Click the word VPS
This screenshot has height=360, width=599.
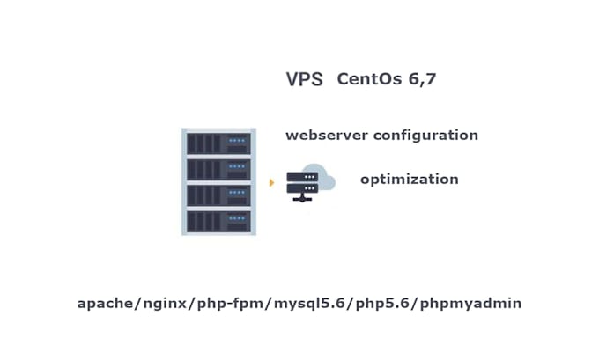(x=304, y=79)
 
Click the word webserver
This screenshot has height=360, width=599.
(x=327, y=136)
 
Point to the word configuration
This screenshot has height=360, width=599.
(x=426, y=136)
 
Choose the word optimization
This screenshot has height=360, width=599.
(x=409, y=179)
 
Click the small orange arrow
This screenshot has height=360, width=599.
(x=271, y=183)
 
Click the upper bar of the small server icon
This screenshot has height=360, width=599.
(x=303, y=177)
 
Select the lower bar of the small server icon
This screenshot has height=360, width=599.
(x=303, y=189)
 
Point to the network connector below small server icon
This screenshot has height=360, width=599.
(x=303, y=202)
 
